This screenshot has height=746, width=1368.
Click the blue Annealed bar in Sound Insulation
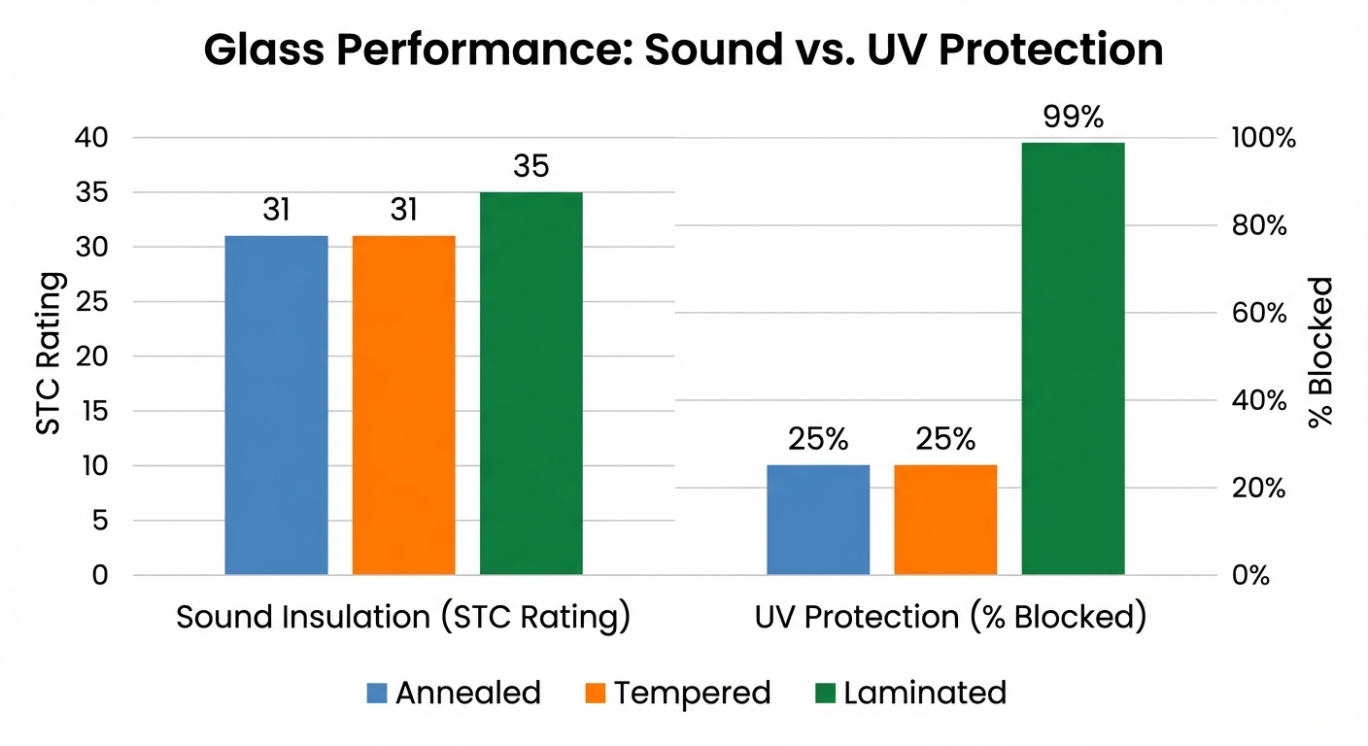click(x=276, y=405)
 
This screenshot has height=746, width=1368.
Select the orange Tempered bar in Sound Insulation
click(x=403, y=405)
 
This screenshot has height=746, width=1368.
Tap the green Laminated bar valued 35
click(x=530, y=384)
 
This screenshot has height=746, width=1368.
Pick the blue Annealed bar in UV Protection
click(x=818, y=520)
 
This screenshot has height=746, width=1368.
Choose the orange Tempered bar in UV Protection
click(x=945, y=520)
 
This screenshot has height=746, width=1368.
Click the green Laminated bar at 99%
click(x=1073, y=358)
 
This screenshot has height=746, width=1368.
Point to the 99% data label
click(x=1073, y=118)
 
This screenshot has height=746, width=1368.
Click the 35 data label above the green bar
click(x=530, y=167)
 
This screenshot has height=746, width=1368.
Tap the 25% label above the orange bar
click(x=945, y=440)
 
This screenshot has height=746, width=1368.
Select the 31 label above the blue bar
click(x=276, y=210)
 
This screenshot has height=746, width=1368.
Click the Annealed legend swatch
click(x=377, y=694)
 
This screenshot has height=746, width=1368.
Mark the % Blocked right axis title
click(x=1320, y=353)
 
